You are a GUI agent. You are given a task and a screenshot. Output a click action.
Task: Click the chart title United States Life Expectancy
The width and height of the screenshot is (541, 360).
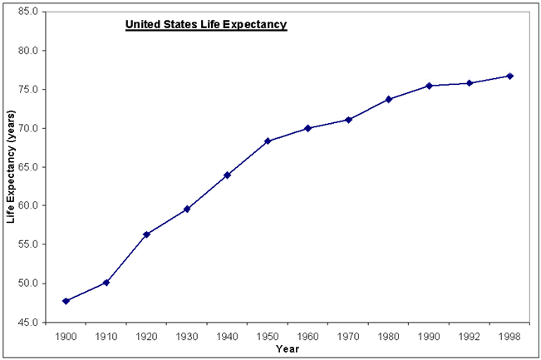point(205,25)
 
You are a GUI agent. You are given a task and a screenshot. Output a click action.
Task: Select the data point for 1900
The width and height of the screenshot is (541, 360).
point(66,301)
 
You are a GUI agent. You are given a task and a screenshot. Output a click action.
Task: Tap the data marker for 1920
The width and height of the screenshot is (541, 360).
point(146,234)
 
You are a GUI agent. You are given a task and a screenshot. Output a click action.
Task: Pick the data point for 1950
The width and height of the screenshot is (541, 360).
point(268,141)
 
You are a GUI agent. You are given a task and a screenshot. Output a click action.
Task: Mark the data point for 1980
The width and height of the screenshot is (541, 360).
point(389,99)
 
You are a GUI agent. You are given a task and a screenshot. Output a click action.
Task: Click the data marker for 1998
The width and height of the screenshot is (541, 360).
point(509,76)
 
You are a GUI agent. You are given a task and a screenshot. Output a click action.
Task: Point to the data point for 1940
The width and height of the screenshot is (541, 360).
point(227,175)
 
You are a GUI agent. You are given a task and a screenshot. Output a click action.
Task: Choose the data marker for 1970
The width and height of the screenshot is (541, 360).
point(348,120)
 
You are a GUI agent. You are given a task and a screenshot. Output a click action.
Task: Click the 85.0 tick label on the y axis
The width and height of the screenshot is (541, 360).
point(25,12)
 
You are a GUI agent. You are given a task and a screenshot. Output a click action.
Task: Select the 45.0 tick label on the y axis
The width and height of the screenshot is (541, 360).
point(25,322)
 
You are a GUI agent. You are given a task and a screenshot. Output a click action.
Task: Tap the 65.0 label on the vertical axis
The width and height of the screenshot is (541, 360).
point(25,167)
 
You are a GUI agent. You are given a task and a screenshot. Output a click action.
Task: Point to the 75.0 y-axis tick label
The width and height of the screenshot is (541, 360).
point(25,90)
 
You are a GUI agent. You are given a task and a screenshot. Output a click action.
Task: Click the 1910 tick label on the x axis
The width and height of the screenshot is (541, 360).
point(106,337)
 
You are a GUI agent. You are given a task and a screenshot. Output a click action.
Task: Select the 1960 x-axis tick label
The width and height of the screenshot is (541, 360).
point(307,337)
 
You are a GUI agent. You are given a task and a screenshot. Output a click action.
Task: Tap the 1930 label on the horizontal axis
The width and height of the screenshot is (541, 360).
point(186,337)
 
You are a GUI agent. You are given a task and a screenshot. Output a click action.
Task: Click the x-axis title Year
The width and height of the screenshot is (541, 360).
point(288,349)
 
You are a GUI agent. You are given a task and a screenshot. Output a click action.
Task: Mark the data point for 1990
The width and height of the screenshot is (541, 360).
point(429,86)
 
